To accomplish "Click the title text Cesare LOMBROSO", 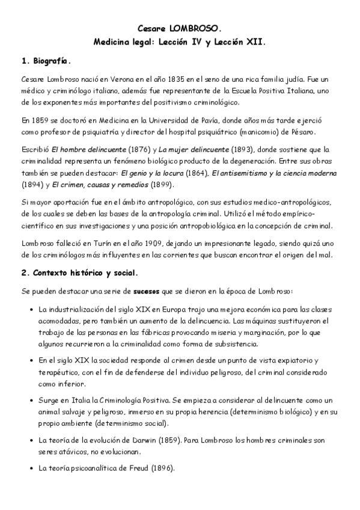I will [x=180, y=28].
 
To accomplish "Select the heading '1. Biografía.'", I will [x=46, y=61].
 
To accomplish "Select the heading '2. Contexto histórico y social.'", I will [x=79, y=272].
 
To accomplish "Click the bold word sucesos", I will [x=140, y=291].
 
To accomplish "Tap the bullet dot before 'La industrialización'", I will [x=31, y=310].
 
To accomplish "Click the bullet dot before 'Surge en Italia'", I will [x=31, y=400].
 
